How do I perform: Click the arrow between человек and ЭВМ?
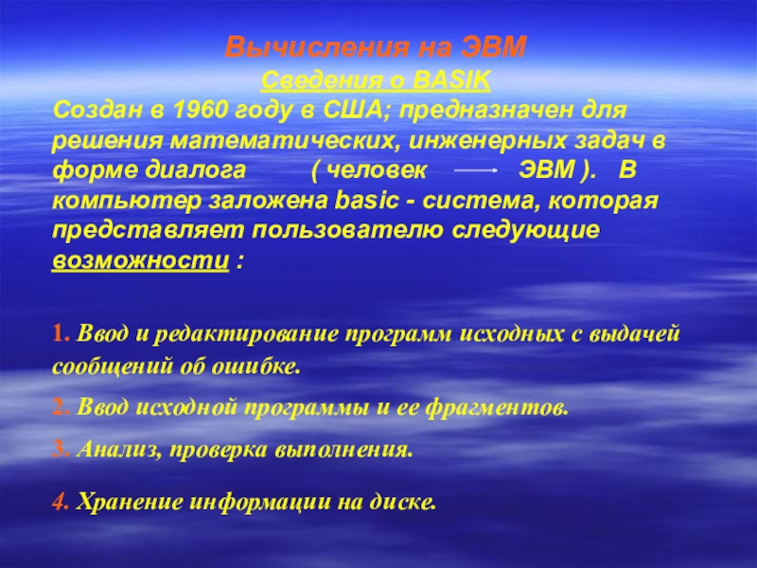pyautogui.click(x=470, y=173)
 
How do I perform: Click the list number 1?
pyautogui.click(x=59, y=335)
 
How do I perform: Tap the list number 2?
pyautogui.click(x=59, y=408)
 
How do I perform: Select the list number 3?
pyautogui.click(x=59, y=450)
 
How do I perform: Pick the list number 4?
pyautogui.click(x=59, y=503)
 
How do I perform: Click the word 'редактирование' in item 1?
pyautogui.click(x=238, y=335)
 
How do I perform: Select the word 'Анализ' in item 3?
pyautogui.click(x=116, y=450)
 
